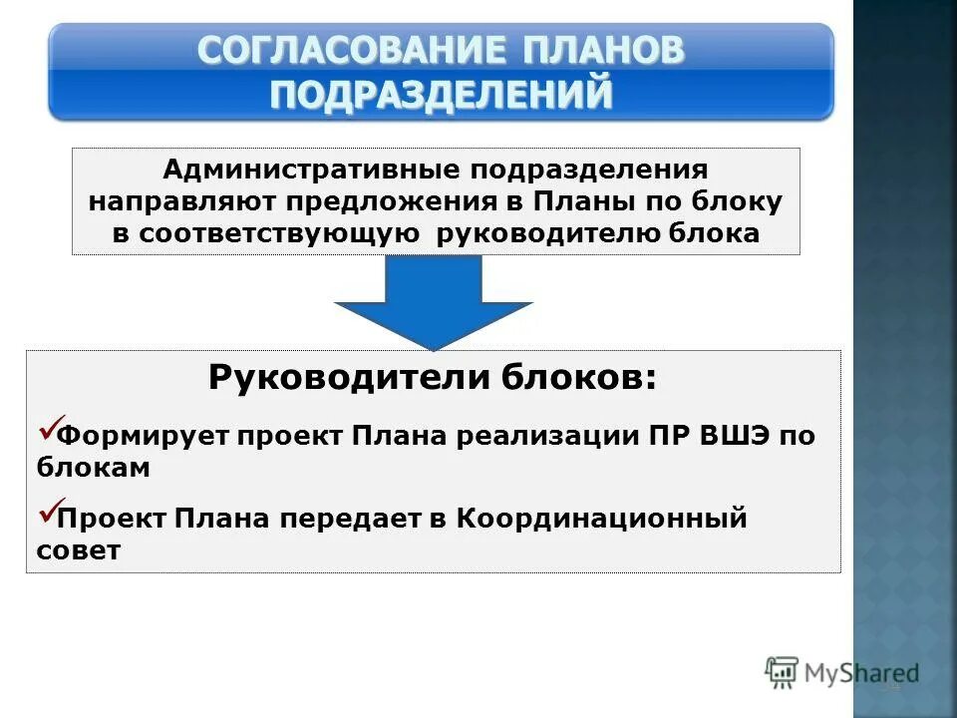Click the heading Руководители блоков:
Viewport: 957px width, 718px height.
[x=433, y=378]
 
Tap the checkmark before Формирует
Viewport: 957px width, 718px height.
[x=50, y=430]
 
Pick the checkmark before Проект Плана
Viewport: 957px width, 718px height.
[x=50, y=512]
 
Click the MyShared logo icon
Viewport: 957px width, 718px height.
[x=783, y=672]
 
